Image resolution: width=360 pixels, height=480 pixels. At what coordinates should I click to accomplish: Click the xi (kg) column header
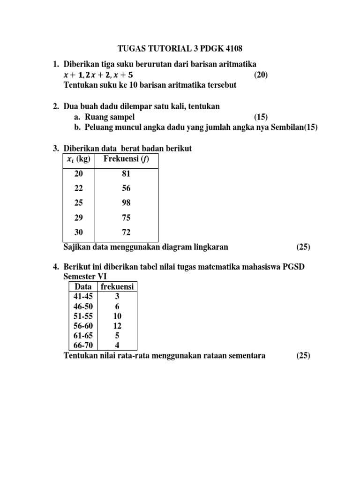pos(79,159)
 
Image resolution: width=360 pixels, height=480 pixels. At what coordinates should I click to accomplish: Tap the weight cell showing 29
pos(79,217)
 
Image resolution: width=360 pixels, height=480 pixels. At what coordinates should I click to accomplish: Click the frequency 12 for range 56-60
pos(117,326)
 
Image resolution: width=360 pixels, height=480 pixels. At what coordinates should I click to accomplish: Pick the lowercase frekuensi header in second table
pos(117,286)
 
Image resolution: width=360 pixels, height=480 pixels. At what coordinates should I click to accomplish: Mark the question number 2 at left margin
pos(55,107)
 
